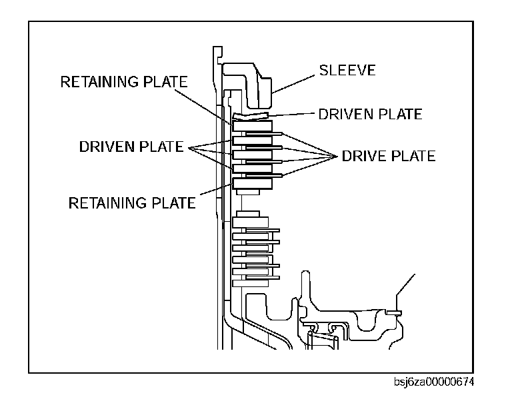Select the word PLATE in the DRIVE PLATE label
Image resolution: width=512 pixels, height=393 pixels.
[x=409, y=156]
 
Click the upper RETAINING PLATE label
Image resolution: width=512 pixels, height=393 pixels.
[x=124, y=82]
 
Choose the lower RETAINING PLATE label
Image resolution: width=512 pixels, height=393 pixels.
[x=132, y=202]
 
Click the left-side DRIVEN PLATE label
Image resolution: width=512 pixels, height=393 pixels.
[x=131, y=147]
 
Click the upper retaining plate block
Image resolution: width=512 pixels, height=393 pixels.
[x=252, y=127]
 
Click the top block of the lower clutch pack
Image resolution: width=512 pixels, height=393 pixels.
[x=251, y=219]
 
